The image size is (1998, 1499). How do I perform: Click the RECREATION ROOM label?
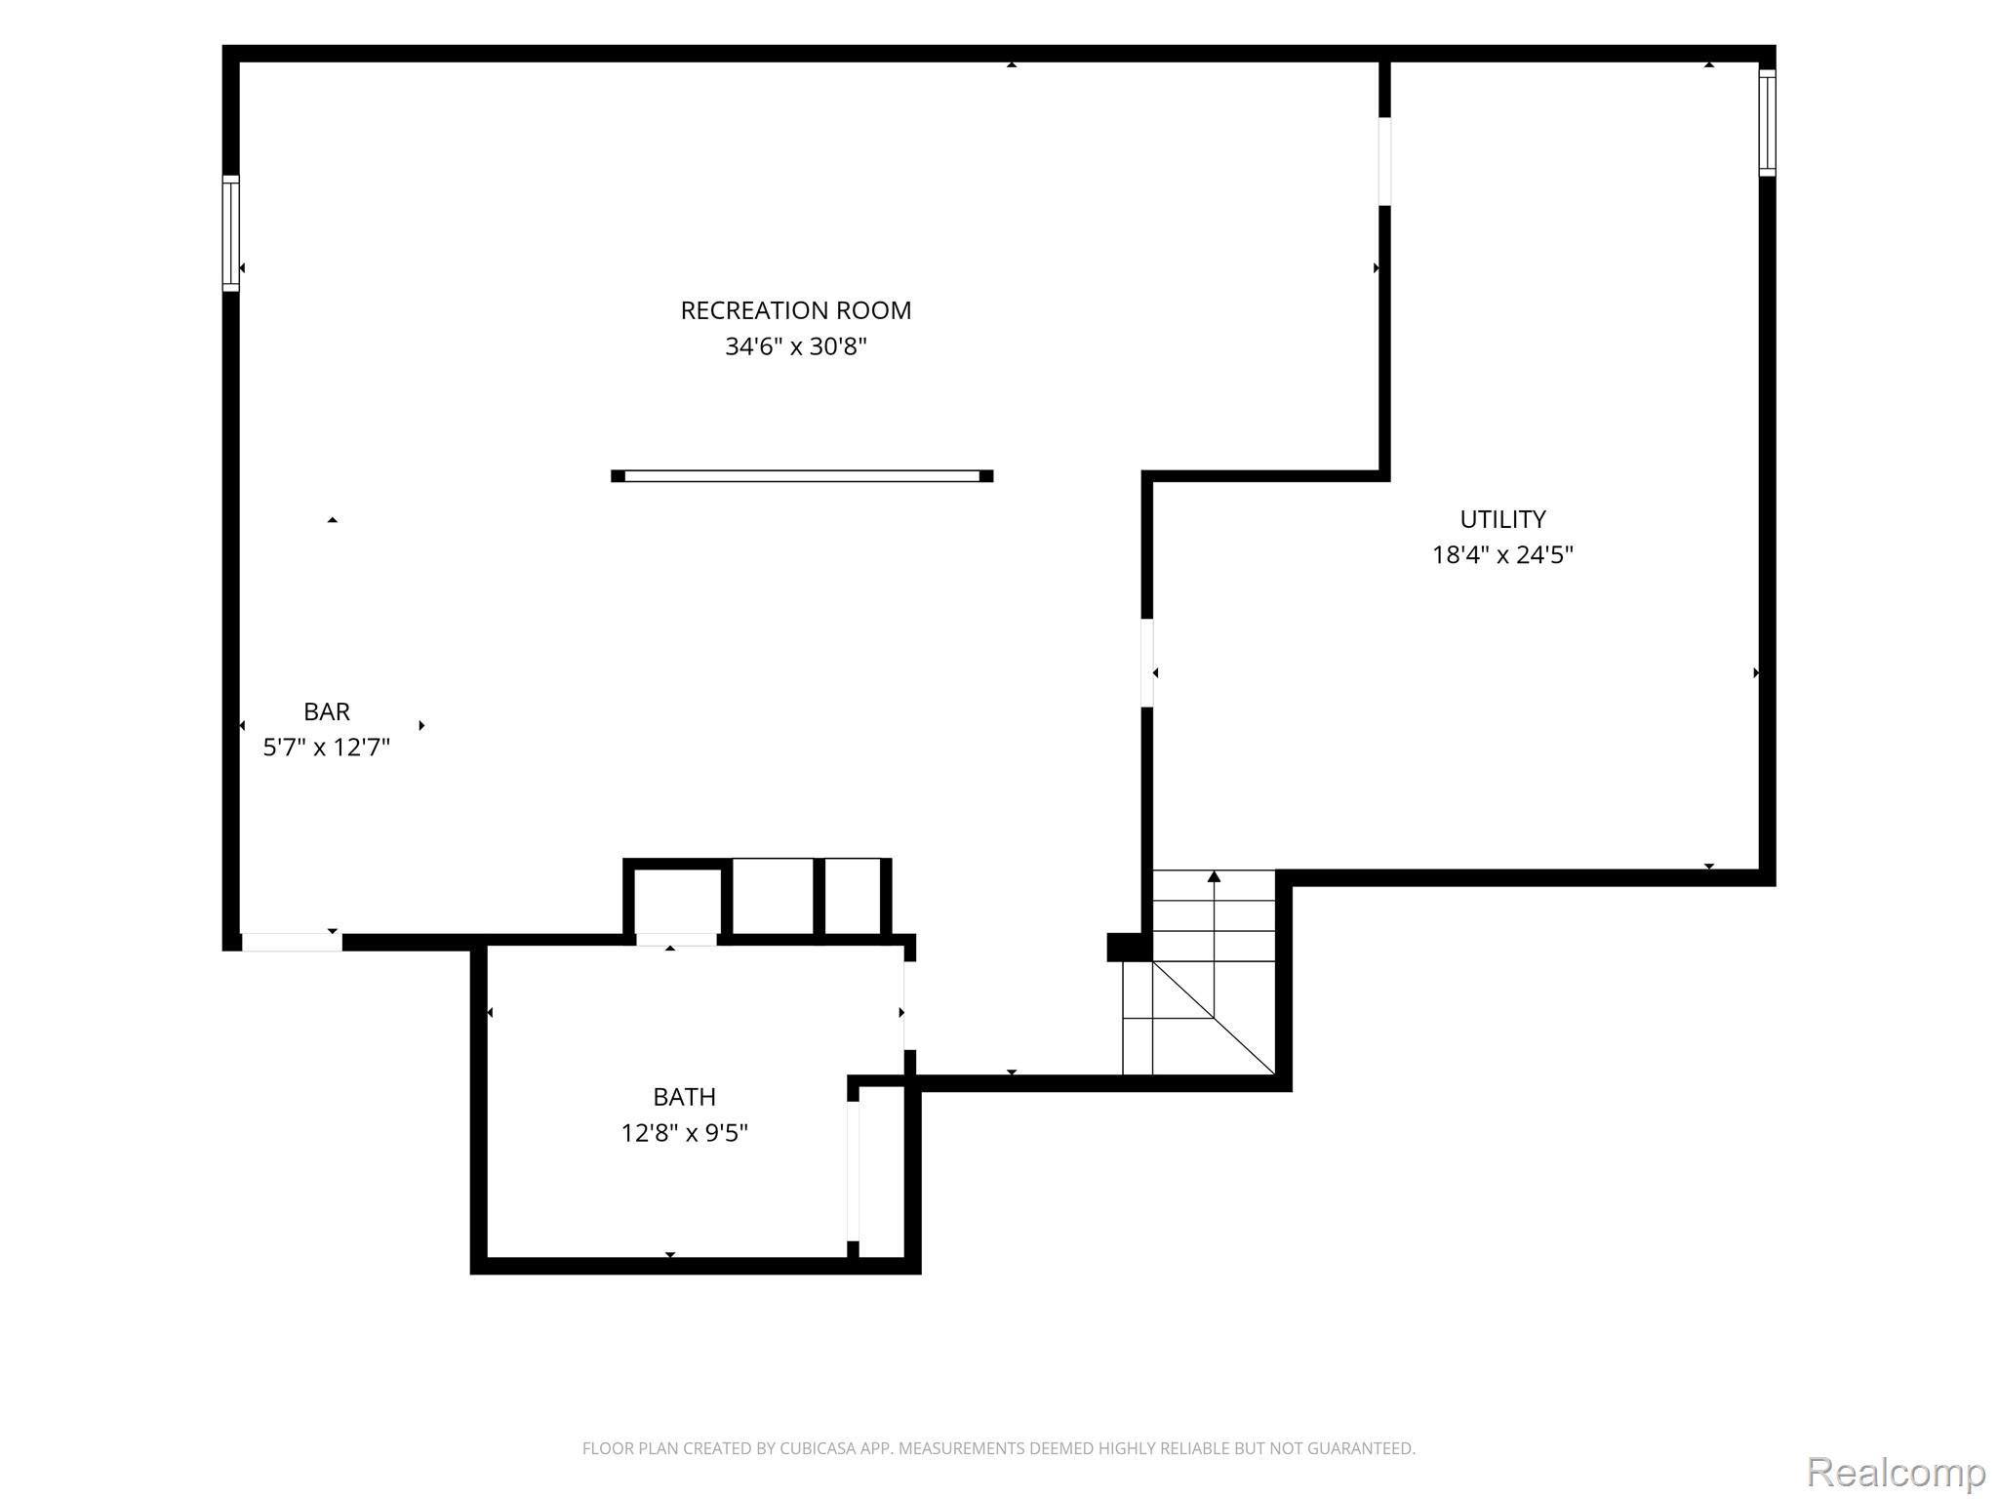[795, 310]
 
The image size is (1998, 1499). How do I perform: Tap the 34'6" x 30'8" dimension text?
[795, 346]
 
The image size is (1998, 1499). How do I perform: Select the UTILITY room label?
[1502, 519]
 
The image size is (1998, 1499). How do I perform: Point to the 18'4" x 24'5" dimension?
[1502, 555]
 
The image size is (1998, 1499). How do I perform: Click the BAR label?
[327, 711]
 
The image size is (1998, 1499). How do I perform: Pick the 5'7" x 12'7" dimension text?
[327, 748]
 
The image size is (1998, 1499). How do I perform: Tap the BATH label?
[684, 1097]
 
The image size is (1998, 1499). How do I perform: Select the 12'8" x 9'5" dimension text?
[684, 1133]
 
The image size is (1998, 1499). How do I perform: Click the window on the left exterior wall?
[231, 233]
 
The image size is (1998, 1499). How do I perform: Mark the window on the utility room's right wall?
[1767, 123]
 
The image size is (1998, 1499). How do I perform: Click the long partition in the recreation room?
[802, 476]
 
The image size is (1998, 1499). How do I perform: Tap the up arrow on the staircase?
[1214, 916]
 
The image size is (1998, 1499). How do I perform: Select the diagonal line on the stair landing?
[1214, 1017]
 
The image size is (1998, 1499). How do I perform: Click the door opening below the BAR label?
[292, 942]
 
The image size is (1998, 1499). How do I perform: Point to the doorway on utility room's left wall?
[1147, 663]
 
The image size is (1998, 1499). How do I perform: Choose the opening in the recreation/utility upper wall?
[1384, 161]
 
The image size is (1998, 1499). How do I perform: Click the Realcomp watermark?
[1896, 1472]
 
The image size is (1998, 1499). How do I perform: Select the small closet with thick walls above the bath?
[677, 898]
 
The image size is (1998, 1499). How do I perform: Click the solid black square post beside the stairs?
[1130, 948]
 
